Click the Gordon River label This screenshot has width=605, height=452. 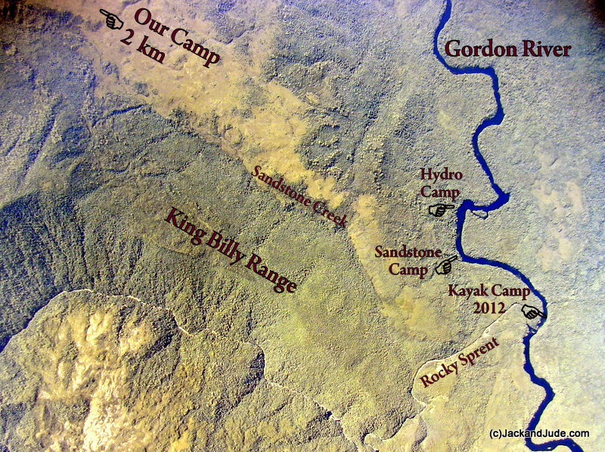tap(507, 49)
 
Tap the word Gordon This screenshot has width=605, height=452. tap(474, 49)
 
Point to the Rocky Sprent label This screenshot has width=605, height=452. tap(460, 362)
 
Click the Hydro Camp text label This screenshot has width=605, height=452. tap(441, 183)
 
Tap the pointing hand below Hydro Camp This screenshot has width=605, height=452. tap(441, 209)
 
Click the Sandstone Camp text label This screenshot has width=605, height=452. tap(402, 260)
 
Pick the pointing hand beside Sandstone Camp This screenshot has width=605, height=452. tap(445, 265)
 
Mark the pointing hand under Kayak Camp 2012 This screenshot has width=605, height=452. tap(534, 311)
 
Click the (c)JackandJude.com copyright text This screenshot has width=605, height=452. tap(539, 433)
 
